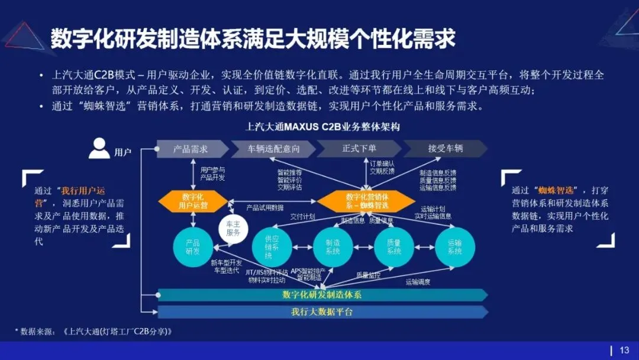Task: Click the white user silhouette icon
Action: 99,148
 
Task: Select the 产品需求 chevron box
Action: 191,149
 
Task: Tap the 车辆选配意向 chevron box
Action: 273,149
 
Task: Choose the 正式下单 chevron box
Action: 359,149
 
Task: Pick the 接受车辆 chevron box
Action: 445,149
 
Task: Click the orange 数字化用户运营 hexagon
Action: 193,201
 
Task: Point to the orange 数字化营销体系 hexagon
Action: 367,201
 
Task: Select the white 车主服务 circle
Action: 233,229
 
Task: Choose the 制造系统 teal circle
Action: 333,247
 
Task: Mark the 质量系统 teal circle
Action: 394,247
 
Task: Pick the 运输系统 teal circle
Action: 454,247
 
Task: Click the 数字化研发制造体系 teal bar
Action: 322,295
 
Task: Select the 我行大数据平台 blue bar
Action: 322,312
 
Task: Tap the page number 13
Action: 624,350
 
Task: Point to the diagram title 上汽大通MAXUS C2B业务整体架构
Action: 323,127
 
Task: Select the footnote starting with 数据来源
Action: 95,332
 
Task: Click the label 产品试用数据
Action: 265,208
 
